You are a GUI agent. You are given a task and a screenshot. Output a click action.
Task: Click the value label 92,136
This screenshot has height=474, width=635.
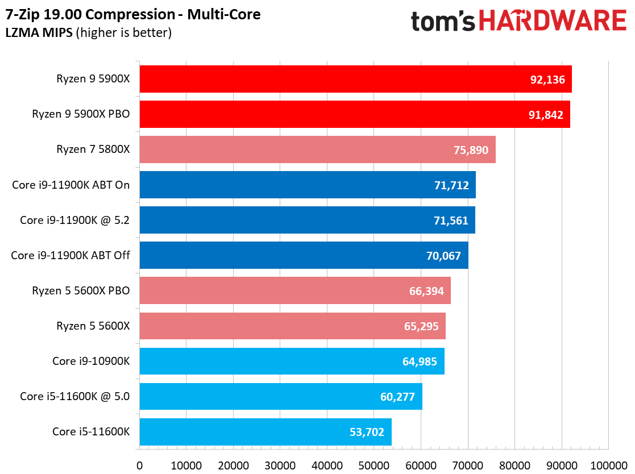(x=547, y=80)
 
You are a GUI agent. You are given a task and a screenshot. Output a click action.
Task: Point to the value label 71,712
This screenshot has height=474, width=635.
(x=451, y=185)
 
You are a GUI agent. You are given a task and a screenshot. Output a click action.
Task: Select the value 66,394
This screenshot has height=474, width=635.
(x=426, y=291)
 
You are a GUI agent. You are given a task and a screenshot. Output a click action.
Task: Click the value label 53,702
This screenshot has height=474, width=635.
(x=367, y=432)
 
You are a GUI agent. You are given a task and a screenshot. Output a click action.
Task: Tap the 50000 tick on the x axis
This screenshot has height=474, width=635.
(x=374, y=465)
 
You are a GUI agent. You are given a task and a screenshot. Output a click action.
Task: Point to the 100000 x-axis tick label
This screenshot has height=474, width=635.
(x=607, y=465)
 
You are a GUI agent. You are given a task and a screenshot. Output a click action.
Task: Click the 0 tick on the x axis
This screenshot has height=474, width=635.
(x=140, y=465)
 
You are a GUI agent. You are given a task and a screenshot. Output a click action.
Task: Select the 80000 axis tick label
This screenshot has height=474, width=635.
(x=514, y=465)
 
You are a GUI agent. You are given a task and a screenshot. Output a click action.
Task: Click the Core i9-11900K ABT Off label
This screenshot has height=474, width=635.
(x=70, y=255)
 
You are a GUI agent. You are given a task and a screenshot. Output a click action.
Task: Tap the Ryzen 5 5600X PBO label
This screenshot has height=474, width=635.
(x=81, y=290)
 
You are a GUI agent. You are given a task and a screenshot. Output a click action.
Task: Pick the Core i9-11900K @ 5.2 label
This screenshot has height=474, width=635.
(x=74, y=220)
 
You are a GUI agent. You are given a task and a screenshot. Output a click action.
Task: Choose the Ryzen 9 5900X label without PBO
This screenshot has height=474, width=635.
(x=93, y=79)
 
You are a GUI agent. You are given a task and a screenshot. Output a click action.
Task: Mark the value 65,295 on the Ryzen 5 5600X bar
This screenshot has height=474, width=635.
(x=421, y=326)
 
